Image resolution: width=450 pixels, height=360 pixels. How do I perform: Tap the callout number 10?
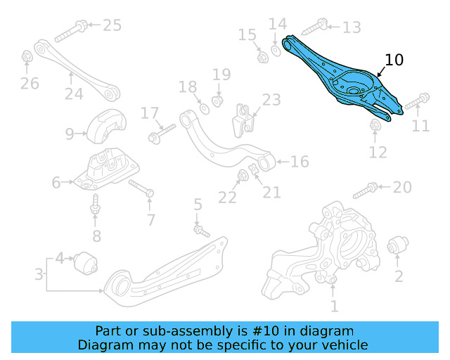point(394,60)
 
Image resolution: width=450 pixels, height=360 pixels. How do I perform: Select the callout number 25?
point(112,25)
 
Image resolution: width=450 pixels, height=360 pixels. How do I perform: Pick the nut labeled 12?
point(375,125)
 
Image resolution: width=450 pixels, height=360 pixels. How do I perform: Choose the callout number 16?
point(300,162)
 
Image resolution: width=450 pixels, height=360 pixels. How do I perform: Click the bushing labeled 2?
point(397,247)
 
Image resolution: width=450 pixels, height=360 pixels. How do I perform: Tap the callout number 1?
point(334,306)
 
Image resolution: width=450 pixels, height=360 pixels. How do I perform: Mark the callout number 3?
point(39,274)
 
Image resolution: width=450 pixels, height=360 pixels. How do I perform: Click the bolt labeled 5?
point(201,229)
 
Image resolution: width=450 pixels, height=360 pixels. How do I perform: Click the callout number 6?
point(56,183)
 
